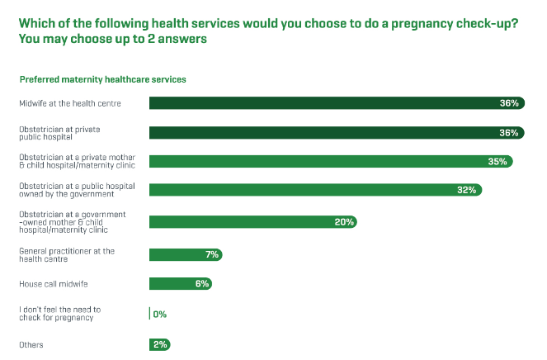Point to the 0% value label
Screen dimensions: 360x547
[x=161, y=314]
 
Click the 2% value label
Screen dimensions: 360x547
[x=160, y=344]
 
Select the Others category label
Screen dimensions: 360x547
[x=31, y=344]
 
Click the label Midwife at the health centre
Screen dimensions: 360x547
[x=71, y=103]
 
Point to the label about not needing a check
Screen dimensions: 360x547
[x=60, y=314]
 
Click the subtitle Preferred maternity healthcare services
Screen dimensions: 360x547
[x=103, y=79]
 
